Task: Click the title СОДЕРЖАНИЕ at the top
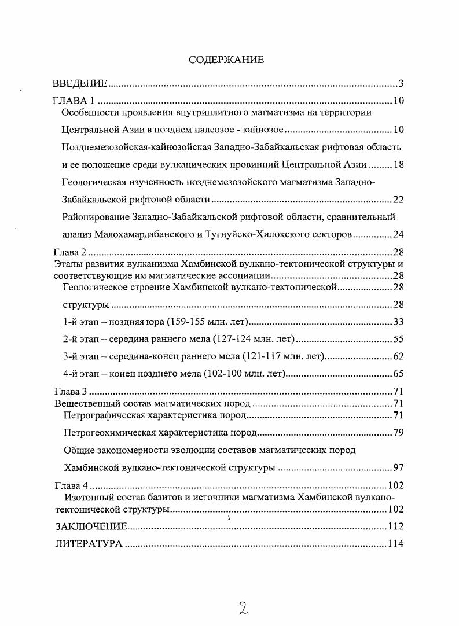226,60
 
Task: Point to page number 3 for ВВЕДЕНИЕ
401,83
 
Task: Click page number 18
398,164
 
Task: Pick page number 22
398,200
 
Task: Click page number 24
398,235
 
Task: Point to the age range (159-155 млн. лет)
201,322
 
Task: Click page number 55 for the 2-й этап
398,340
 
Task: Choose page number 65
398,374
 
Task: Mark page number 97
398,467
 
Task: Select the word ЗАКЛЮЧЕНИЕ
91,526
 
